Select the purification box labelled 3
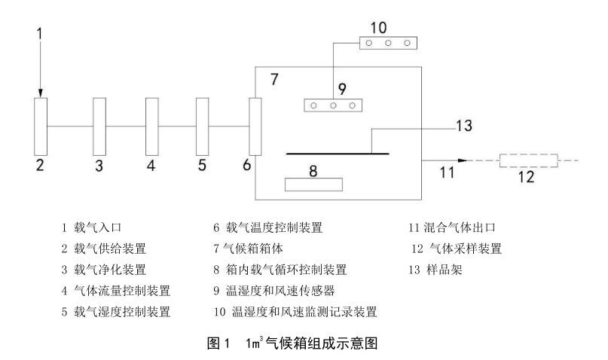pos(99,126)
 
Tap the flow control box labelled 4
pos(151,126)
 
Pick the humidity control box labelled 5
pos(201,126)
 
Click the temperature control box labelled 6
pos(255,126)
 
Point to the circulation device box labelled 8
pos(313,184)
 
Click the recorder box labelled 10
pos(386,43)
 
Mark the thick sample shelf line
pos(338,154)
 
